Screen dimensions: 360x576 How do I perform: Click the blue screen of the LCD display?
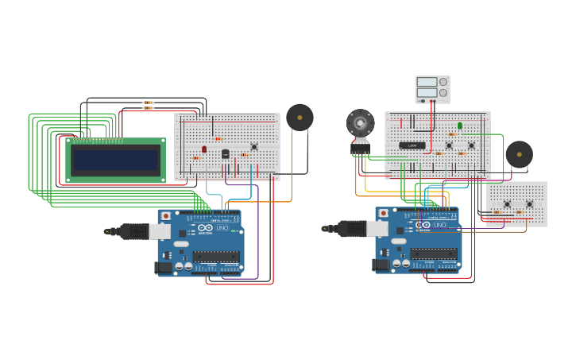pos(116,161)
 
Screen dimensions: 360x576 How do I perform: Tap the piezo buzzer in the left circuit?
pos(300,118)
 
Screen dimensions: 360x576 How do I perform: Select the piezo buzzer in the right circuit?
pos(519,154)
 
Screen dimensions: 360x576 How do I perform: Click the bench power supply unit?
pos(432,88)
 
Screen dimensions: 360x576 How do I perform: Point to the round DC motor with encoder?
pos(360,123)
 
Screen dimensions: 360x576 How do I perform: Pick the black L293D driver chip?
pos(411,145)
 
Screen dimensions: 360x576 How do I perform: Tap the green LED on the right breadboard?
pos(459,126)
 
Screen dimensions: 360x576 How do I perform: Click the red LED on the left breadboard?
pos(204,149)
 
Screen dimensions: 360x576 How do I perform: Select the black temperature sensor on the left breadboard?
pos(226,153)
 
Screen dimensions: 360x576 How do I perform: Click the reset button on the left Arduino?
pos(165,215)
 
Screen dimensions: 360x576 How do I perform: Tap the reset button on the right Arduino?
pos(384,213)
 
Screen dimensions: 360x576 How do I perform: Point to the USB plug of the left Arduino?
pos(131,231)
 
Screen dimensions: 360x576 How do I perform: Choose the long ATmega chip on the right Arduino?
pos(433,253)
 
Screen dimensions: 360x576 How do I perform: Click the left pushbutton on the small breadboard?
pos(507,204)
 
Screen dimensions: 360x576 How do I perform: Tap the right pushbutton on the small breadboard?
pos(529,204)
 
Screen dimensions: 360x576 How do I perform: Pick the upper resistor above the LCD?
pos(148,103)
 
